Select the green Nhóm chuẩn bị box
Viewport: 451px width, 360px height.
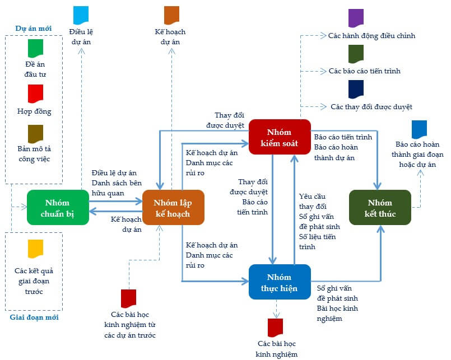point(58,207)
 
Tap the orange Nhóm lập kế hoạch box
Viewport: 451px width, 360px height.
point(173,207)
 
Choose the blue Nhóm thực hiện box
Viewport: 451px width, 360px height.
point(279,282)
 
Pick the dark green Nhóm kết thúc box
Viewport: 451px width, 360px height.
point(380,207)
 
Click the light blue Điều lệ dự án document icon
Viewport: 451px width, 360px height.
point(81,15)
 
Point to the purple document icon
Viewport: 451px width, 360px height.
point(356,18)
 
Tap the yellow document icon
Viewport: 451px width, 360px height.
point(35,249)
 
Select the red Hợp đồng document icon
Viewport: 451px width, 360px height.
point(35,93)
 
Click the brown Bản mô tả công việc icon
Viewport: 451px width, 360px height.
point(35,133)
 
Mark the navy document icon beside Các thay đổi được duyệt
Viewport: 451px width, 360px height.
point(356,88)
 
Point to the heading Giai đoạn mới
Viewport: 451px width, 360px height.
point(34,317)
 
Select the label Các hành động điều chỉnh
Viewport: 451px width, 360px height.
point(371,36)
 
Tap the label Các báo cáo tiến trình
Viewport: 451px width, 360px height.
point(364,71)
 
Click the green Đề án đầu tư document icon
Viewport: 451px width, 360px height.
point(35,48)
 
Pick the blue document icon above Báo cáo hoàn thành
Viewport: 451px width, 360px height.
point(419,129)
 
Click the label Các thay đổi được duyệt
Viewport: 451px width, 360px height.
point(371,106)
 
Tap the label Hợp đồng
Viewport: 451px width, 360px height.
point(34,111)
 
